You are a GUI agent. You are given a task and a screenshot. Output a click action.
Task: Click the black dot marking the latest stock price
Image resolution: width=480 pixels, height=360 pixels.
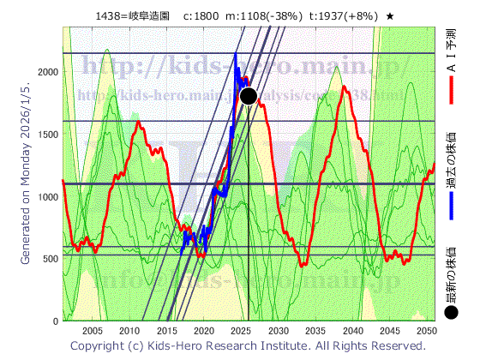(x=249, y=95)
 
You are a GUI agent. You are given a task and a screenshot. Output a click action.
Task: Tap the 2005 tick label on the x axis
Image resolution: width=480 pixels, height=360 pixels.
(x=93, y=331)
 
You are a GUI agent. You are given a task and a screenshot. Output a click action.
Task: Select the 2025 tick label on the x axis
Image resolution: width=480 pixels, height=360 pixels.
(x=241, y=331)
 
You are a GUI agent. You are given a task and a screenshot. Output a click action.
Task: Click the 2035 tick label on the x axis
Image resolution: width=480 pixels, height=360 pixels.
(x=315, y=331)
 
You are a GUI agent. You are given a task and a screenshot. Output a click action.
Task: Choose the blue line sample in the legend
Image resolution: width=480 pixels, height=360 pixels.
(x=451, y=206)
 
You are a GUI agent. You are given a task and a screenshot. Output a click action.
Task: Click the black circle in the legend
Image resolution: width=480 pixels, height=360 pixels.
(x=451, y=314)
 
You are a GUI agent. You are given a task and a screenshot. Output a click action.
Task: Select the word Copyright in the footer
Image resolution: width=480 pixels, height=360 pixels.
(x=98, y=346)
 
